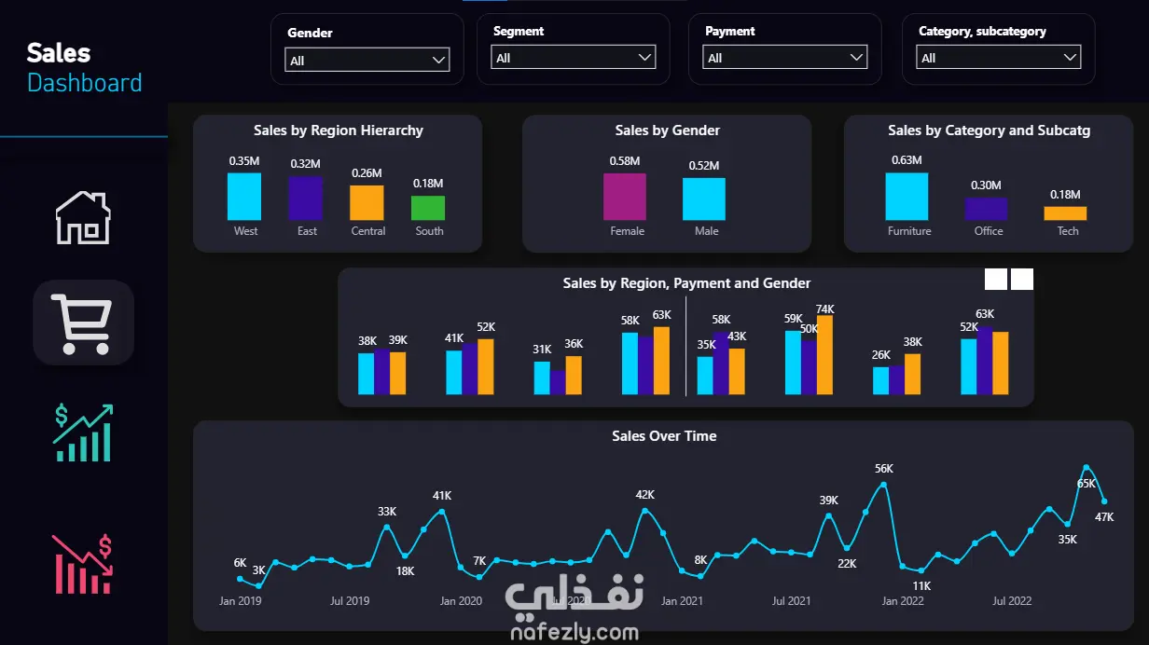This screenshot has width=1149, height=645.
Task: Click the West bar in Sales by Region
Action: pyautogui.click(x=244, y=197)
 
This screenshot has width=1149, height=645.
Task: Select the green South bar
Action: pyautogui.click(x=428, y=208)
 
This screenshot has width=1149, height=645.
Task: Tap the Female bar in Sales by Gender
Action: pyautogui.click(x=625, y=197)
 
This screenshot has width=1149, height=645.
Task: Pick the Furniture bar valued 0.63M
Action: pyautogui.click(x=907, y=197)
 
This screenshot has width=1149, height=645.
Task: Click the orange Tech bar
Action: pyautogui.click(x=1065, y=213)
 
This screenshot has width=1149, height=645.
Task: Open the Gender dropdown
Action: pyautogui.click(x=367, y=61)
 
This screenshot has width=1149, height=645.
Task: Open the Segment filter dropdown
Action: pyautogui.click(x=574, y=58)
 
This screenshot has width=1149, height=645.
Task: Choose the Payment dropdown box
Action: pyautogui.click(x=785, y=58)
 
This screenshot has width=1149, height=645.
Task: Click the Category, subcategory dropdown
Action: pyautogui.click(x=999, y=58)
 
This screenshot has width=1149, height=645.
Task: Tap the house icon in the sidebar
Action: pyautogui.click(x=83, y=218)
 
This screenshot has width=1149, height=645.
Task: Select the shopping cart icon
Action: pyautogui.click(x=83, y=322)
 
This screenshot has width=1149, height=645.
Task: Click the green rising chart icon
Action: pyautogui.click(x=83, y=432)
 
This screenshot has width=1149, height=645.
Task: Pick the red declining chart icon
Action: pyautogui.click(x=83, y=564)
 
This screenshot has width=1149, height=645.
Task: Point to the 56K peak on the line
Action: pyautogui.click(x=883, y=484)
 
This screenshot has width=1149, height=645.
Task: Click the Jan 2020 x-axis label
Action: pyautogui.click(x=461, y=601)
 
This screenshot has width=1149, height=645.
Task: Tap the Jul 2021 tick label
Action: pyautogui.click(x=791, y=601)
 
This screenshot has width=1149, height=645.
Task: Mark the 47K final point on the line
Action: pyautogui.click(x=1104, y=501)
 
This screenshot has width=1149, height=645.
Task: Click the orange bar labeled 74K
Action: pyautogui.click(x=824, y=355)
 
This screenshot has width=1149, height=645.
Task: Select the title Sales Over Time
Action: pyautogui.click(x=664, y=436)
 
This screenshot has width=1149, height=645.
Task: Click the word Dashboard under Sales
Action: pyautogui.click(x=85, y=83)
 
